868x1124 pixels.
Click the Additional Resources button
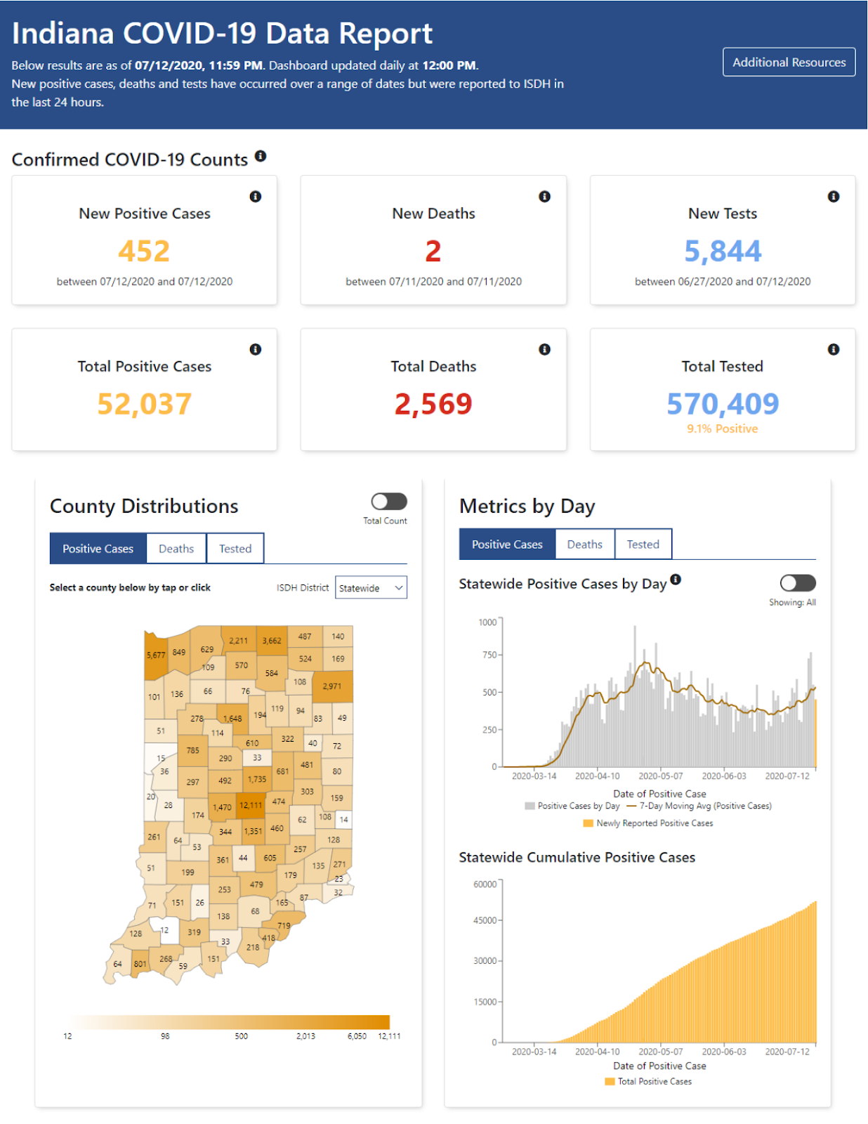tap(789, 62)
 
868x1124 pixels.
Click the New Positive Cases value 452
tap(144, 251)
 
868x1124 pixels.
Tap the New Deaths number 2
tap(433, 251)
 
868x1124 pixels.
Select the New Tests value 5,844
tap(723, 251)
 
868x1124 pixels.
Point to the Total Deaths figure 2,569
tap(433, 404)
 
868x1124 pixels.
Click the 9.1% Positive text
tap(722, 429)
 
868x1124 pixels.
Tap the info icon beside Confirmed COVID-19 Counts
tap(261, 156)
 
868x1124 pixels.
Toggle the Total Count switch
tap(389, 502)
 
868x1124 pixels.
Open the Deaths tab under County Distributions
tap(176, 549)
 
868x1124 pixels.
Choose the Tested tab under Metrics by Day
tap(643, 544)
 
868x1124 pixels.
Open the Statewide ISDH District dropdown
tap(371, 588)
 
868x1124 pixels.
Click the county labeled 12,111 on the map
tap(251, 805)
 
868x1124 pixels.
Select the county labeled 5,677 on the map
tap(156, 655)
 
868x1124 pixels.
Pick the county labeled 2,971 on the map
tap(332, 686)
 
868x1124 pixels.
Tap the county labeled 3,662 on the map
tap(272, 641)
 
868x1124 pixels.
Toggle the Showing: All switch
tap(798, 583)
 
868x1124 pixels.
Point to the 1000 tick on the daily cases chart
tap(487, 622)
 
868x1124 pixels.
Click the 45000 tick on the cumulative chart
tap(485, 920)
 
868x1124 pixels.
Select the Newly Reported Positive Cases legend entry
tap(654, 823)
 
